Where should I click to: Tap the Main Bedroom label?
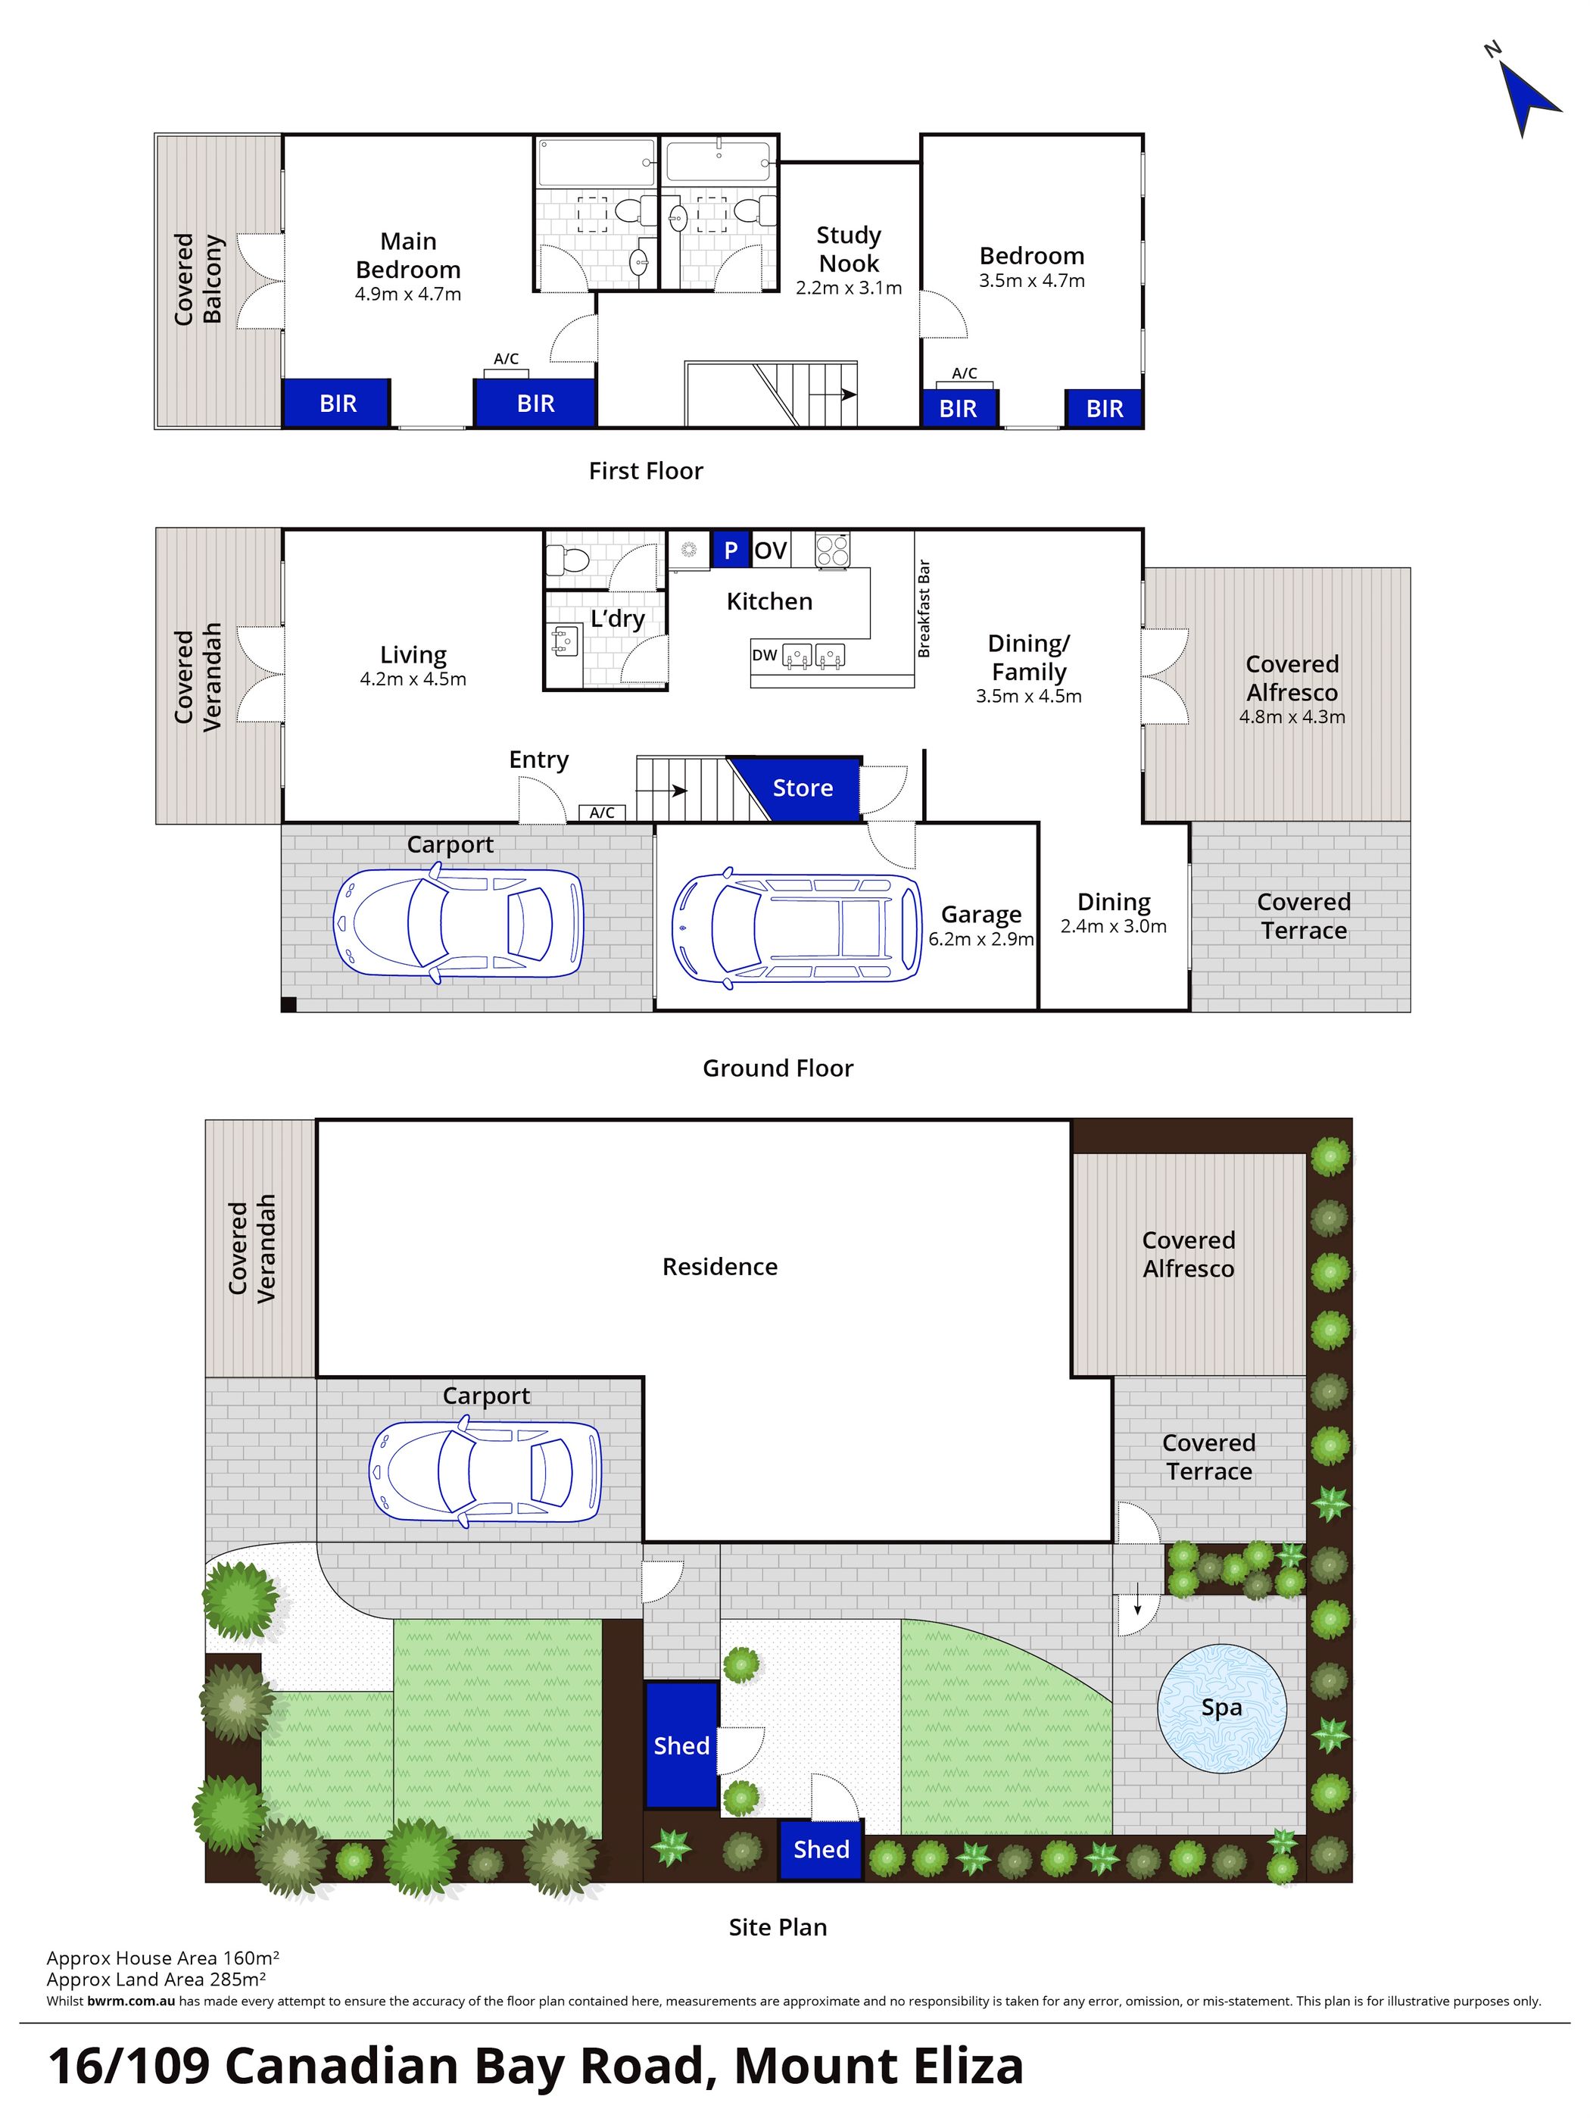pos(408,256)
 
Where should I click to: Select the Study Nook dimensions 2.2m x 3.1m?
pos(848,289)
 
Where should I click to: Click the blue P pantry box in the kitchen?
pos(731,550)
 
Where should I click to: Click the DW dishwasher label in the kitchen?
pos(764,655)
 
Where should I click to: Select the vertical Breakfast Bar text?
pos(924,609)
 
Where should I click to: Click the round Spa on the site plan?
pos(1221,1708)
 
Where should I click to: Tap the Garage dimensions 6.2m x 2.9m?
pos(980,939)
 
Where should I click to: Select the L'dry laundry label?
pos(616,619)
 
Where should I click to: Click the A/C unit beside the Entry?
pos(601,813)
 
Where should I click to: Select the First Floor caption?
pos(645,471)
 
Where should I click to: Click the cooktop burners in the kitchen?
pos(832,550)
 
